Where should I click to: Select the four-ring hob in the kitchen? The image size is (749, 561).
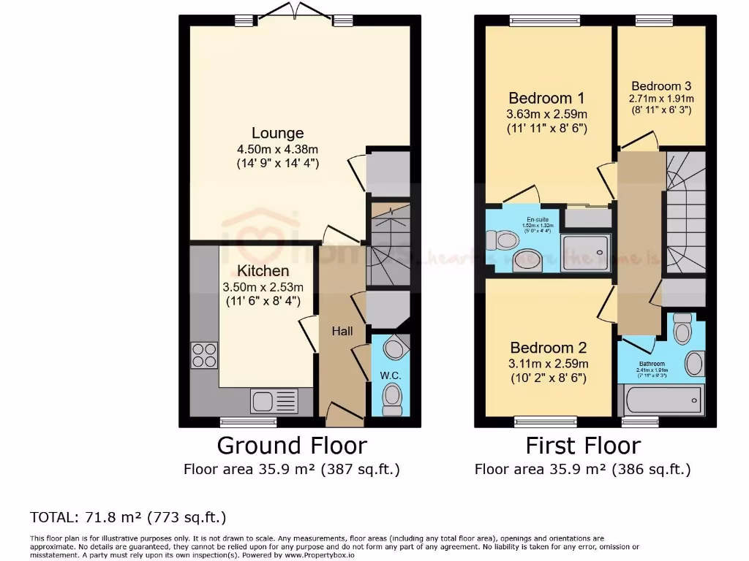tap(204, 354)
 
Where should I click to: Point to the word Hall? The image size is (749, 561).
tap(342, 331)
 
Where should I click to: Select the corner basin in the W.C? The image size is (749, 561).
tap(396, 347)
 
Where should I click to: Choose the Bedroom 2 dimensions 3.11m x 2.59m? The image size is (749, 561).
tap(549, 363)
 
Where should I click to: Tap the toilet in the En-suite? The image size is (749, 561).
tap(505, 240)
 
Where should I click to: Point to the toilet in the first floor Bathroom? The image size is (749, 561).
tap(682, 330)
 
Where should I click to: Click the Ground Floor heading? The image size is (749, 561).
tap(291, 445)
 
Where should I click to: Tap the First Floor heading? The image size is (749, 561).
tap(583, 445)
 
